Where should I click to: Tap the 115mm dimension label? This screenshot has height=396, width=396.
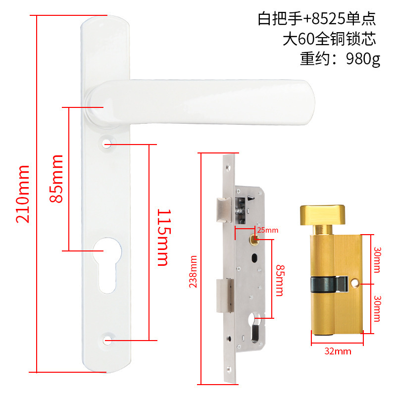pos(162,238)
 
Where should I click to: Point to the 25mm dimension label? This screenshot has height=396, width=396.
pos(268,230)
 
